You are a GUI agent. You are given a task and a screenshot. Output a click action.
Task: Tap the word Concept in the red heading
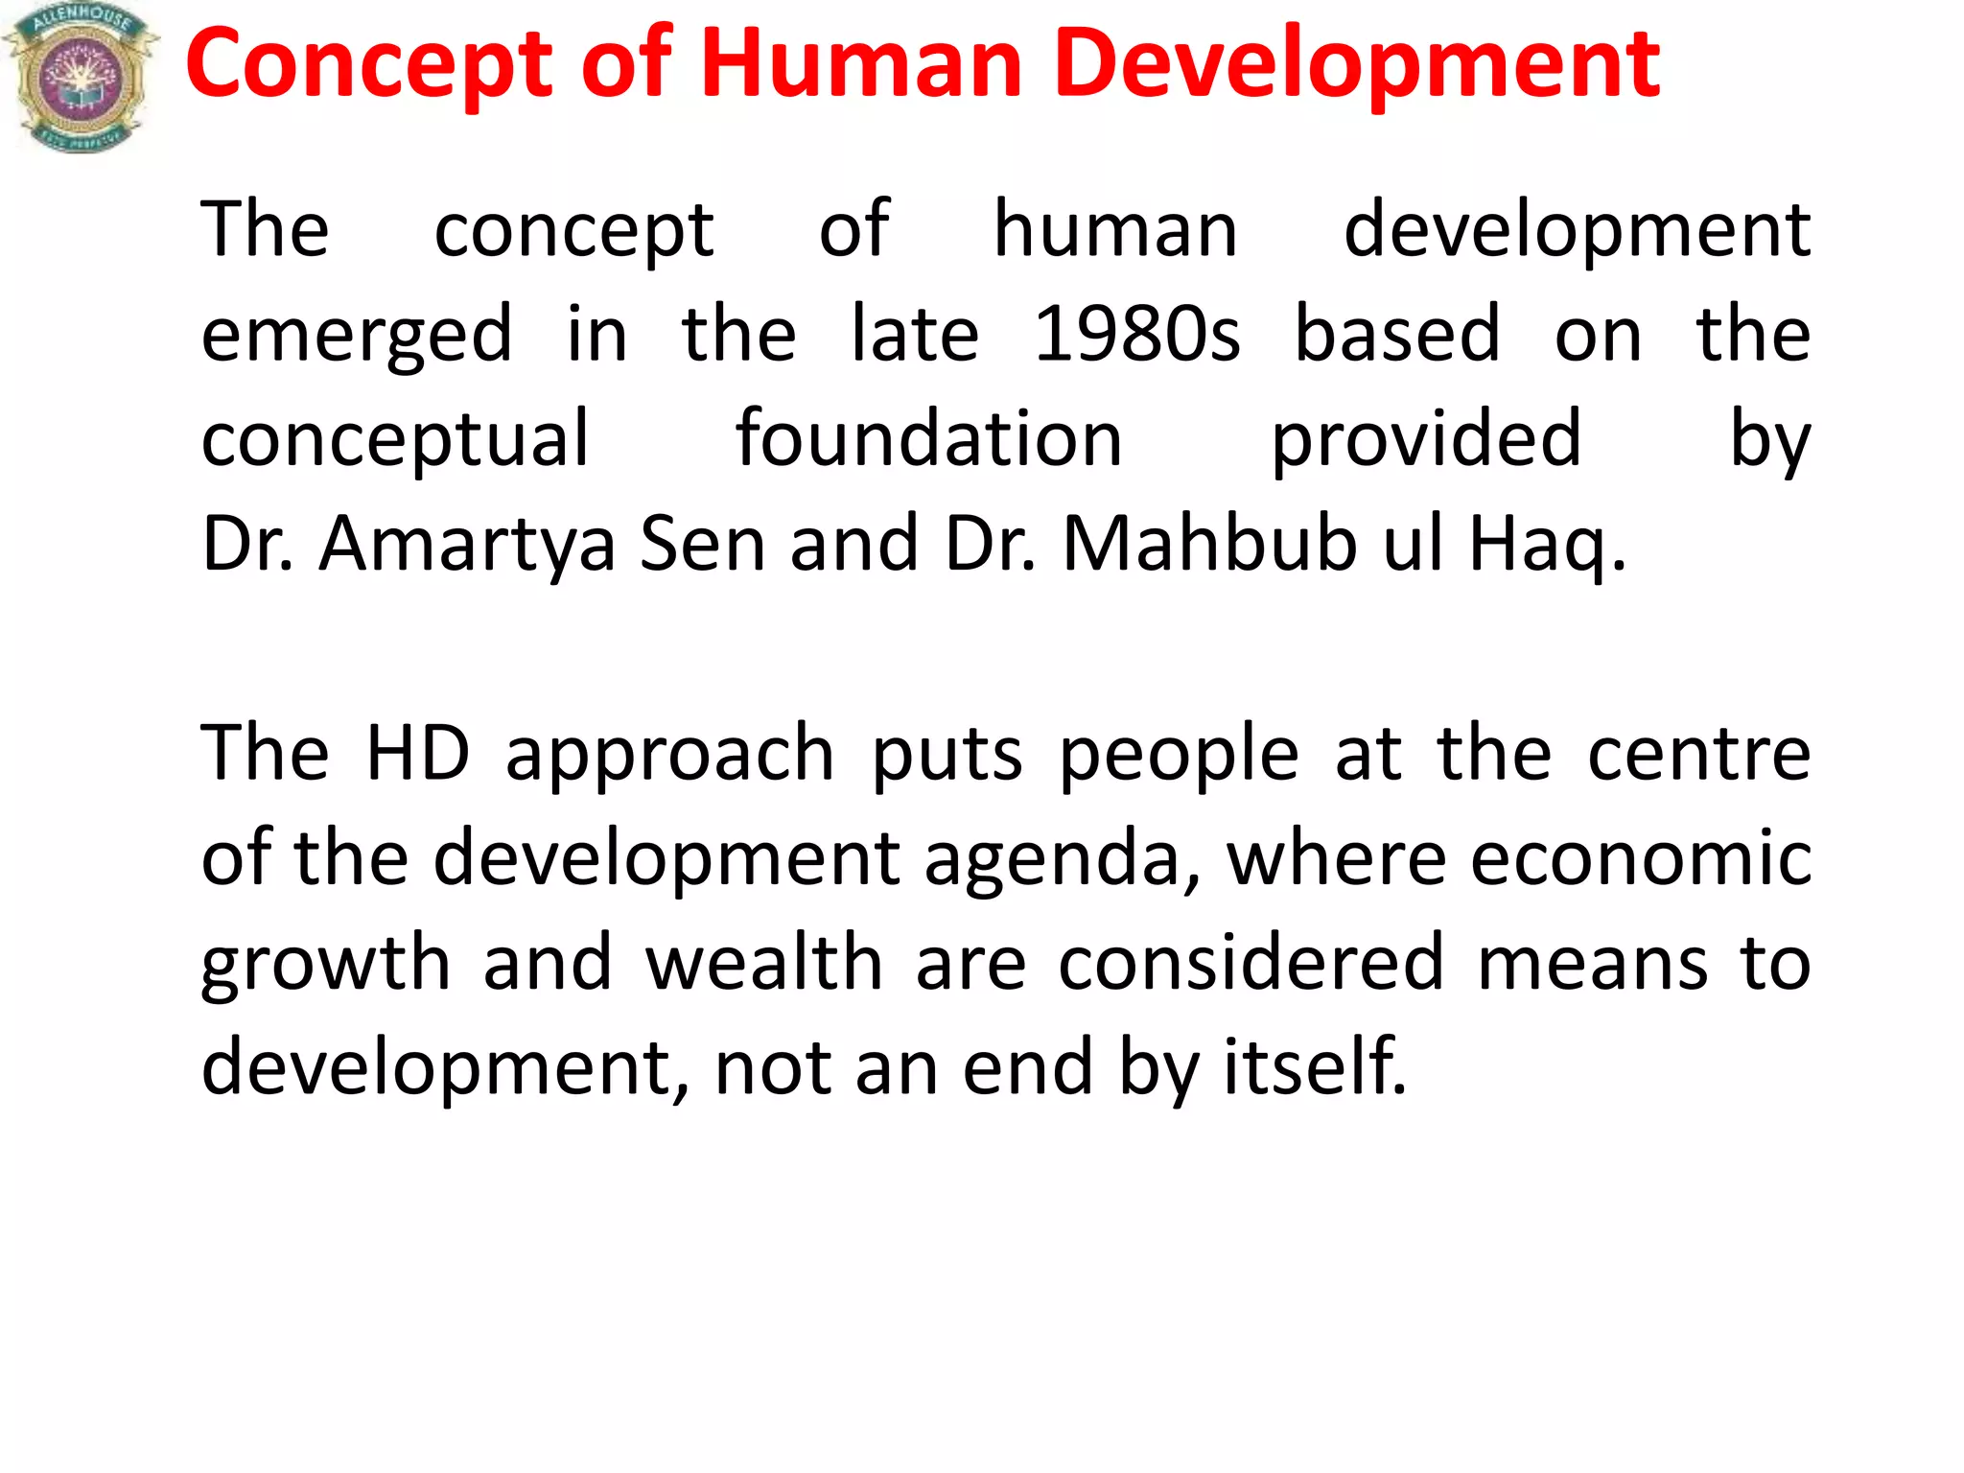tap(370, 65)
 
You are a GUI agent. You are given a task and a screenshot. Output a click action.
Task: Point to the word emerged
tap(357, 336)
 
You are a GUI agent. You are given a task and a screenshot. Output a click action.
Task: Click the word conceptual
tap(395, 441)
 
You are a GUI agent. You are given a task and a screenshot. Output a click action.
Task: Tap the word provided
tap(1426, 441)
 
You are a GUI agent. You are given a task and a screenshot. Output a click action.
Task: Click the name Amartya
tap(467, 545)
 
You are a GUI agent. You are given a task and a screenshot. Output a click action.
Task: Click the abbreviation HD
tap(418, 753)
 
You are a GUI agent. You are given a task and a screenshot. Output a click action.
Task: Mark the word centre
tap(1698, 755)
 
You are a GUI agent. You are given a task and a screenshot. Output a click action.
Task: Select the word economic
tap(1641, 857)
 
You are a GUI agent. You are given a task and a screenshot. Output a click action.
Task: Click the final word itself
tap(1315, 1066)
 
